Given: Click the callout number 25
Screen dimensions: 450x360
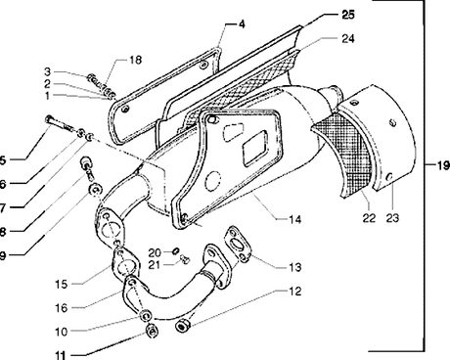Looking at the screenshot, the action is coord(348,15).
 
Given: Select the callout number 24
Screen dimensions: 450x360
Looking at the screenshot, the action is coord(348,38).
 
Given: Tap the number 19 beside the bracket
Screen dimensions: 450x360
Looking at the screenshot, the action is coord(443,165).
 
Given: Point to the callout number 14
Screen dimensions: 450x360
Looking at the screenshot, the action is coord(294,219).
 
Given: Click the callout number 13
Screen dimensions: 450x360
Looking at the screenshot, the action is coord(294,267).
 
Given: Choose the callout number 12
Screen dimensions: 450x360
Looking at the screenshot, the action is coord(294,292).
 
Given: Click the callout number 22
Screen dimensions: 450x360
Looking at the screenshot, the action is coord(369,217).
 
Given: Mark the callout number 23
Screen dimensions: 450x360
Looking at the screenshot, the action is coord(392,217).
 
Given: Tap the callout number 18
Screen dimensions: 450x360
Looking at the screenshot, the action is coord(135,60).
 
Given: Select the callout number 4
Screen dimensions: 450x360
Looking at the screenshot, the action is coord(242,24).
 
